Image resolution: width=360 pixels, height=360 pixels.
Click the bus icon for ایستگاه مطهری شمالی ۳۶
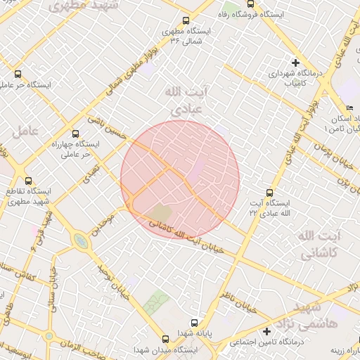coord(185,21)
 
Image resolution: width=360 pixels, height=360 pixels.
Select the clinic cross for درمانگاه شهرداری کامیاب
coord(295,63)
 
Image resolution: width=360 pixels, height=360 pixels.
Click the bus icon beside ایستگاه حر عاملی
coord(18,73)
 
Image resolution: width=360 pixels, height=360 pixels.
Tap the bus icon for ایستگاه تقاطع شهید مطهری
coord(28,181)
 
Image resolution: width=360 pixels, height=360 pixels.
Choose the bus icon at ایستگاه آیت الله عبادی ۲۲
coord(269,192)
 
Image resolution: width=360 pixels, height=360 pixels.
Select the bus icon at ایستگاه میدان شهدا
coord(165,338)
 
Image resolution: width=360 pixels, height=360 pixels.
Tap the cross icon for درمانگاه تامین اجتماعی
coord(266,331)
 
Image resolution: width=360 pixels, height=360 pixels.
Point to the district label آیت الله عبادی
coord(182,101)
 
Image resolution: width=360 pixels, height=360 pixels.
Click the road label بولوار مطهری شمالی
coord(134,66)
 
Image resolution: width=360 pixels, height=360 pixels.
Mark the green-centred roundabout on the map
coord(81,242)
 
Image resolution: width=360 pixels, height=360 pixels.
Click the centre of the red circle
coord(180,180)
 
